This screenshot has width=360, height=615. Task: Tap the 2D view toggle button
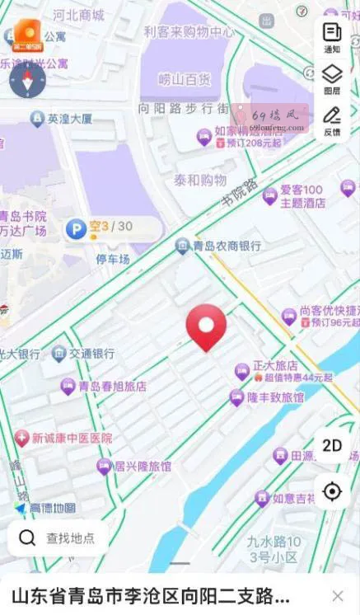332,446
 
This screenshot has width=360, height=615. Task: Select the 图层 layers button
332,80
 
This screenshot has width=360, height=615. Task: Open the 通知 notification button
332,37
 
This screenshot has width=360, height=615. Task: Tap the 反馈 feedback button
332,120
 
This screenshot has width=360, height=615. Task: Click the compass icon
27,79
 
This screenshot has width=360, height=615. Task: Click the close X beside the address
338,596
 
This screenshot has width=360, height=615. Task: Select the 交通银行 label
91,354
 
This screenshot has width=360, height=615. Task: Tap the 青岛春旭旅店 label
113,386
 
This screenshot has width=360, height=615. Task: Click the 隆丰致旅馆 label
275,397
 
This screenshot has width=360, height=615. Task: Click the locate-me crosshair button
332,491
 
